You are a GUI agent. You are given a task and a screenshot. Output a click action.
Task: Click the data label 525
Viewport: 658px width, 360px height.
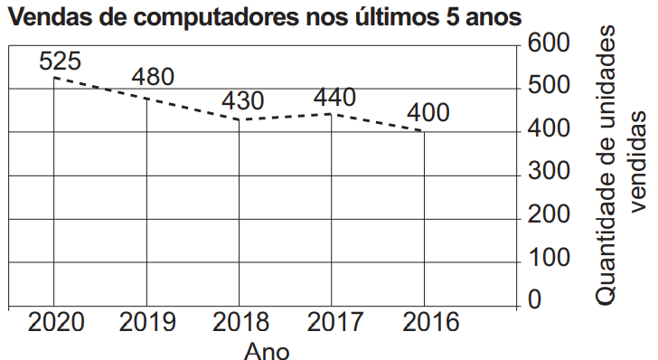point(60,61)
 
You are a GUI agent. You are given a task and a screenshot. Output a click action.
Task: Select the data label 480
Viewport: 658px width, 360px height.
point(153,77)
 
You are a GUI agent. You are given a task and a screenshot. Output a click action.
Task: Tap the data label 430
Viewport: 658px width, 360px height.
point(242,100)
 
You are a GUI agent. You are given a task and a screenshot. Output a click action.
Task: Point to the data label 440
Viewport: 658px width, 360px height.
point(334,98)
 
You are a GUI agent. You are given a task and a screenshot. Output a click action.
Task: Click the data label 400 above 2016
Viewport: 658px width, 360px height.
point(428,112)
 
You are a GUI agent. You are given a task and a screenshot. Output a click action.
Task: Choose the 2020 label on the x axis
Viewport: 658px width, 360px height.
point(56,322)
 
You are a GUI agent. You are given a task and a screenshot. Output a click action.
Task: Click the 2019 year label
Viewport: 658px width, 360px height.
point(147,322)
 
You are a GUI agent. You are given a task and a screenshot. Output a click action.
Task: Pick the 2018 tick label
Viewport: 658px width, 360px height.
point(240,322)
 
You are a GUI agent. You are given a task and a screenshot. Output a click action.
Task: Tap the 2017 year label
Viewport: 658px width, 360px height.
point(334,322)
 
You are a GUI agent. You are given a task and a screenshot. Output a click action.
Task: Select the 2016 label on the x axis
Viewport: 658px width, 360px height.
point(430,322)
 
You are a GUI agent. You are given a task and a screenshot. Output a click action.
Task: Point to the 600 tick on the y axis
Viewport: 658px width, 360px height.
point(549,43)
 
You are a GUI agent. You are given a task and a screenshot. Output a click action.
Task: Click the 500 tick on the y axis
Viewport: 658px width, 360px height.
point(549,85)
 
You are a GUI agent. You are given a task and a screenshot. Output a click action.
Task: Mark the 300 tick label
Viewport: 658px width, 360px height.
point(549,171)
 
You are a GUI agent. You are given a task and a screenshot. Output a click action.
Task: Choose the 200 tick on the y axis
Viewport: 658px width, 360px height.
point(549,214)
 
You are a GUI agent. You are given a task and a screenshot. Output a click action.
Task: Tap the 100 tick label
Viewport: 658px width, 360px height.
point(550,257)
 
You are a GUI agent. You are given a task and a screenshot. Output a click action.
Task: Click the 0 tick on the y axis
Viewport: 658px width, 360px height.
point(535,300)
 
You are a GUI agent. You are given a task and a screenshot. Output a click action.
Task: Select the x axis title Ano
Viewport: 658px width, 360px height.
point(267,351)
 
